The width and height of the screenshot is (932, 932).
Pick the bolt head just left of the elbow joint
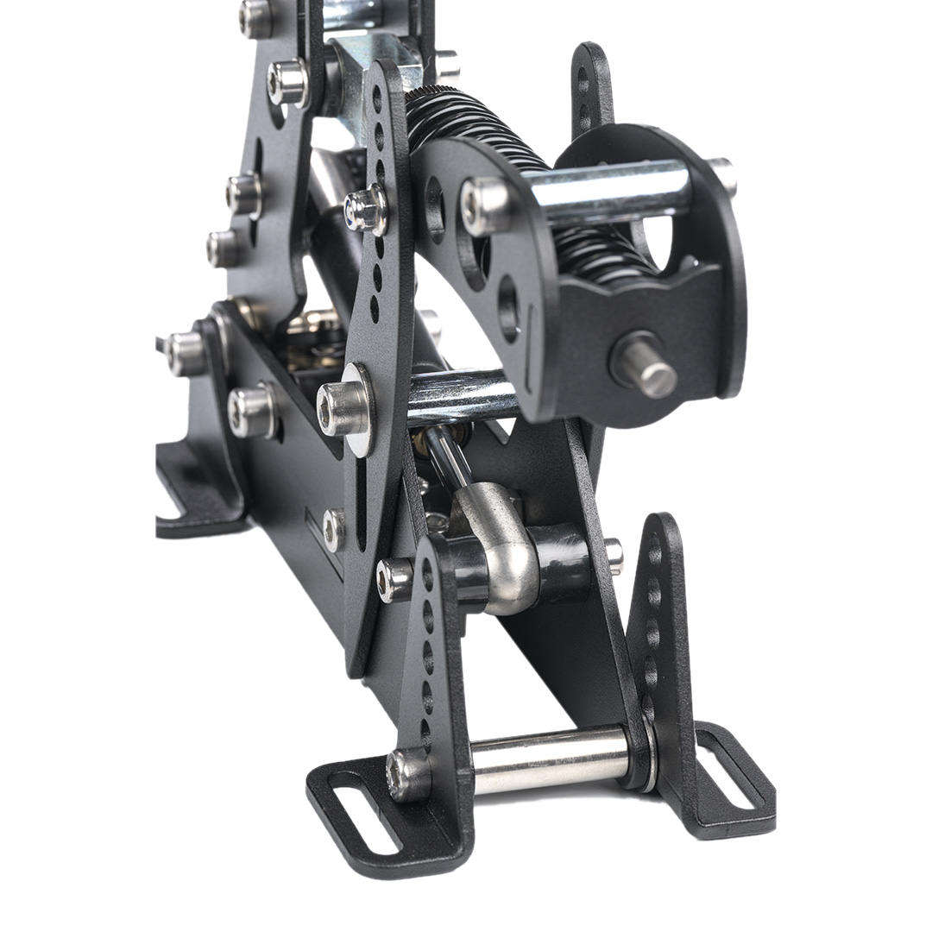point(395,577)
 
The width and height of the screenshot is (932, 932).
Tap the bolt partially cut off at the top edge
point(254,16)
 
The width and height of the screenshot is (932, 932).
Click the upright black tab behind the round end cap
point(592,86)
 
